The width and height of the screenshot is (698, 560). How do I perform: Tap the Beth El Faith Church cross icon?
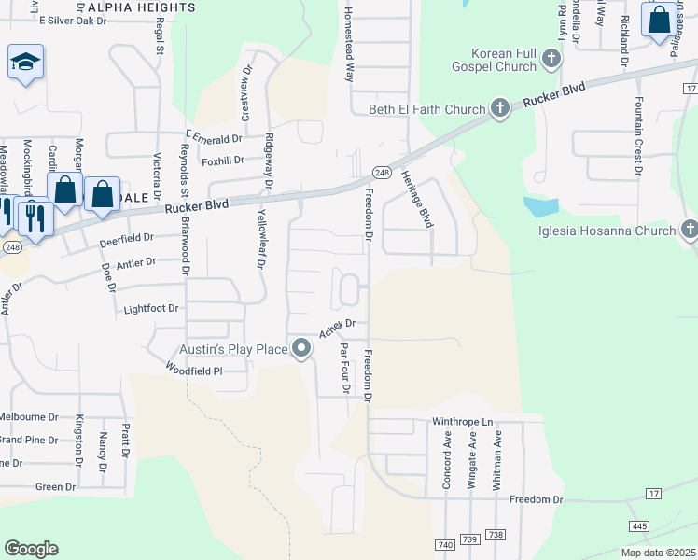pyautogui.click(x=499, y=108)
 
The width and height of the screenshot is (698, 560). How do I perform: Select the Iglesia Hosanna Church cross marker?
pyautogui.click(x=690, y=230)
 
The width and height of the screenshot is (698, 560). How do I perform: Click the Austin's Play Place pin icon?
pyautogui.click(x=301, y=349)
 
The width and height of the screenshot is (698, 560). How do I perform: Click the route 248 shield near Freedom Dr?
pyautogui.click(x=381, y=173)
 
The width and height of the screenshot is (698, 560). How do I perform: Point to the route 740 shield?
pyautogui.click(x=443, y=543)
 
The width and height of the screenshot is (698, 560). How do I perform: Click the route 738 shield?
pyautogui.click(x=496, y=535)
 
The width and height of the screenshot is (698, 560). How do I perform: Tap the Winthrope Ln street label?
pyautogui.click(x=462, y=422)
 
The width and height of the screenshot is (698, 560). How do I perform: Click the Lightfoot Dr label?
pyautogui.click(x=149, y=308)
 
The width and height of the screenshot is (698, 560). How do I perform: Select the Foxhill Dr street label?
pyautogui.click(x=222, y=160)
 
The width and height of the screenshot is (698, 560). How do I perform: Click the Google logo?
pyautogui.click(x=31, y=549)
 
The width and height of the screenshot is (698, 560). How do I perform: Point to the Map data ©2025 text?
pyautogui.click(x=657, y=553)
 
